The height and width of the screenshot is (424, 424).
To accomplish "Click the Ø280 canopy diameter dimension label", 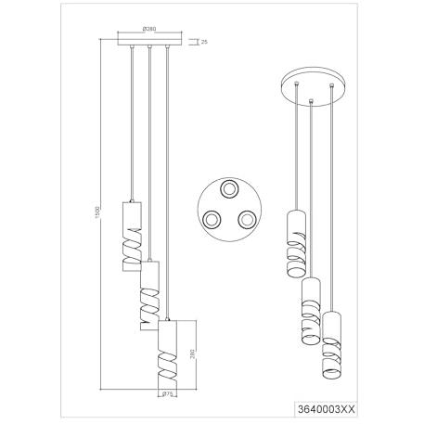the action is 149,29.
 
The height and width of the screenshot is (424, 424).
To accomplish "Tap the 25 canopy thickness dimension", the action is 204,42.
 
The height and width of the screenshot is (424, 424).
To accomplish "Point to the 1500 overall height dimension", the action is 96,213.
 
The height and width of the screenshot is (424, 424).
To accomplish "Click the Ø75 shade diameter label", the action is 167,393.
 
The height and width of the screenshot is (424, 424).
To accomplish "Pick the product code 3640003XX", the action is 326,409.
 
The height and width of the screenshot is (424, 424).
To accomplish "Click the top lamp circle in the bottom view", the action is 229,188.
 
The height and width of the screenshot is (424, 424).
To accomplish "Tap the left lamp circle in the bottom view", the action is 212,220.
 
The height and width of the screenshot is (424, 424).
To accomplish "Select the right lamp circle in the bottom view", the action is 247,220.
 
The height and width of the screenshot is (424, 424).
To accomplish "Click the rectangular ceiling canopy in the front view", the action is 149,42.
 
